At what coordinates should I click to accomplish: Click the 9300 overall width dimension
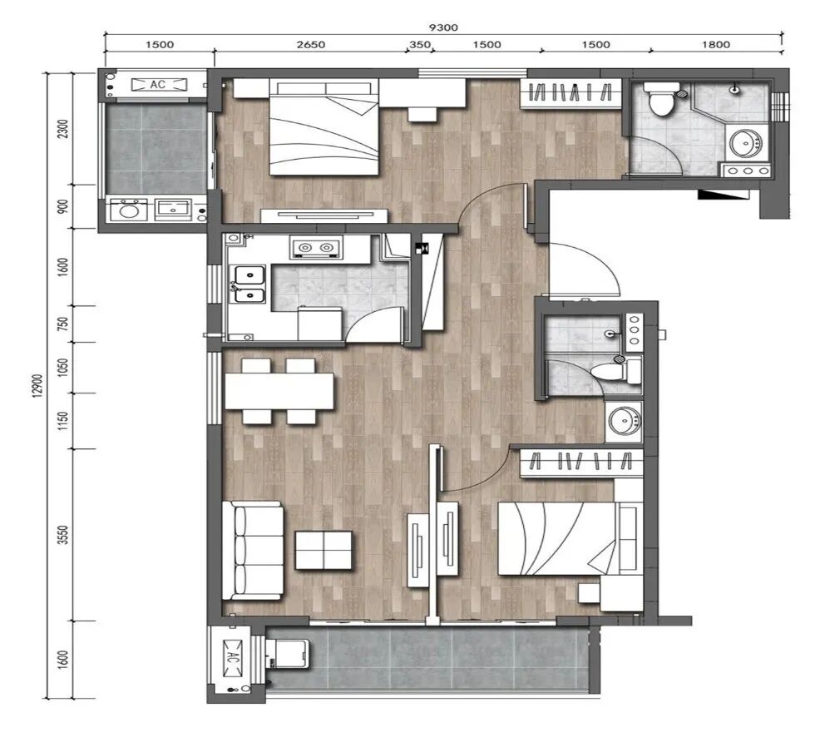[443, 27]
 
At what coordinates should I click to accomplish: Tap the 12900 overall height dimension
[37, 386]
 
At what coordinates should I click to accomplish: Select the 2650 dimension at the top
[311, 45]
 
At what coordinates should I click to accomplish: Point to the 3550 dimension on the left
[63, 535]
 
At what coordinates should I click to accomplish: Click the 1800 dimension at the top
[716, 45]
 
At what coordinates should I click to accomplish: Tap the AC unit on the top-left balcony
[159, 84]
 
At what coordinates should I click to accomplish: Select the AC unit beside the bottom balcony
[232, 659]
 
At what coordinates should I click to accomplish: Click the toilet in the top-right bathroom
[661, 98]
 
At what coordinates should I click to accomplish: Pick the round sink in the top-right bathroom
[746, 143]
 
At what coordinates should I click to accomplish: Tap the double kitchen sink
[249, 284]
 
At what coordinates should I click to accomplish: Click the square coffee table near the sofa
[324, 550]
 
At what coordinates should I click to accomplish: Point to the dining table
[279, 391]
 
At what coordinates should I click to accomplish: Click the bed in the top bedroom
[324, 129]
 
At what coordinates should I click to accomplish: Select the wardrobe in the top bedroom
[571, 94]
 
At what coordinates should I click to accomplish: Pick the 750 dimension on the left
[63, 324]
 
